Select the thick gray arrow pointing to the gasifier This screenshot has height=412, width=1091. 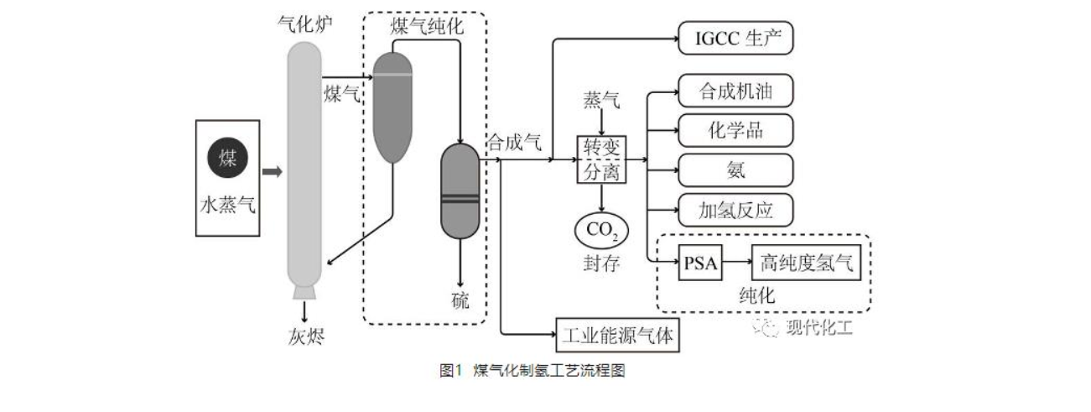273,173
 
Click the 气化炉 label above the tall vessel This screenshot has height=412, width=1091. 304,24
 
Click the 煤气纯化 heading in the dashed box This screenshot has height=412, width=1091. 426,26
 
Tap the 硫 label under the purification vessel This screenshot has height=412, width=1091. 460,301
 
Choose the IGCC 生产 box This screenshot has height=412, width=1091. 735,39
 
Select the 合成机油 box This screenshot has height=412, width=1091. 735,91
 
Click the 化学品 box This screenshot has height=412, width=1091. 735,130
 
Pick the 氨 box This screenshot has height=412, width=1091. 735,169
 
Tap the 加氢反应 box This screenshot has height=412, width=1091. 735,209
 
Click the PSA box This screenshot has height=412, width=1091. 700,263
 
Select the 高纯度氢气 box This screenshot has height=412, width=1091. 807,263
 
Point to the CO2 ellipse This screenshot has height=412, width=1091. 601,229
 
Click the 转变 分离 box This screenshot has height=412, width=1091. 601,159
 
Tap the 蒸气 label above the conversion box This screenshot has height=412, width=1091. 601,102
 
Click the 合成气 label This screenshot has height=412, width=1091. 513,142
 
